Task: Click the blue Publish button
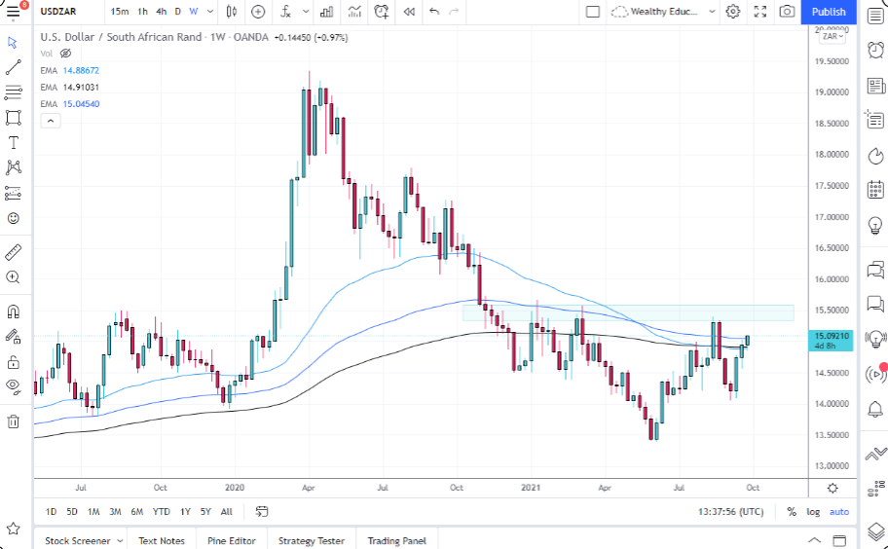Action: (828, 12)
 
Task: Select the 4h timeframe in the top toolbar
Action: (162, 12)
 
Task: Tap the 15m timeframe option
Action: (119, 12)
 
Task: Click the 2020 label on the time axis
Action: (234, 486)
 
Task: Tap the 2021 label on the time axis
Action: (531, 486)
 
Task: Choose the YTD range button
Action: (161, 511)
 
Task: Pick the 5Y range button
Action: (205, 511)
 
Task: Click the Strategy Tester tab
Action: (311, 540)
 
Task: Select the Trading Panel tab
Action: (396, 540)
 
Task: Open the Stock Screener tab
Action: (78, 540)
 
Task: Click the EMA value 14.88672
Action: (81, 71)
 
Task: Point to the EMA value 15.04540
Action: (81, 103)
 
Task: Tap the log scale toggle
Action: (813, 511)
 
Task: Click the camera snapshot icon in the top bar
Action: (787, 12)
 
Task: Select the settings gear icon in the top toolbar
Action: (733, 12)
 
